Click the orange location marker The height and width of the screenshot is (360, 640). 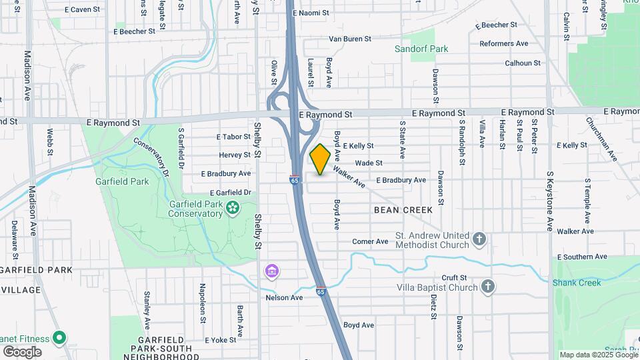click(x=320, y=159)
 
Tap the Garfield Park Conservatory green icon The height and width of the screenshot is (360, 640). click(x=233, y=208)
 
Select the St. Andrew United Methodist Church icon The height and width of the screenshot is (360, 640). click(x=479, y=239)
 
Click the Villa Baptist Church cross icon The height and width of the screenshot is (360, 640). click(x=488, y=287)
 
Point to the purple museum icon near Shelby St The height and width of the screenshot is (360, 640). click(x=271, y=271)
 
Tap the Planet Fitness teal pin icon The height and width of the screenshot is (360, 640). click(x=59, y=338)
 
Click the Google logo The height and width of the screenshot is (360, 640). click(x=22, y=351)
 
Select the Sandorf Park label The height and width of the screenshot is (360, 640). click(x=421, y=49)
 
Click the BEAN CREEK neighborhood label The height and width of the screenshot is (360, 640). click(x=403, y=210)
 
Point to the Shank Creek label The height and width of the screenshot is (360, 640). click(x=577, y=283)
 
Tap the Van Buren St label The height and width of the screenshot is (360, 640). click(x=350, y=39)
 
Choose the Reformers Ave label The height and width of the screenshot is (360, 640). click(x=504, y=44)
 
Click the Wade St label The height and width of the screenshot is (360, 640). click(x=369, y=163)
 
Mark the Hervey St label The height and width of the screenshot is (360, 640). click(x=235, y=155)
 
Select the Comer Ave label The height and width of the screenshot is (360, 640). click(x=370, y=241)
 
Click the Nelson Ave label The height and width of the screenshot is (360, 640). click(x=284, y=297)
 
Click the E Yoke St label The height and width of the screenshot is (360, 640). click(x=221, y=340)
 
